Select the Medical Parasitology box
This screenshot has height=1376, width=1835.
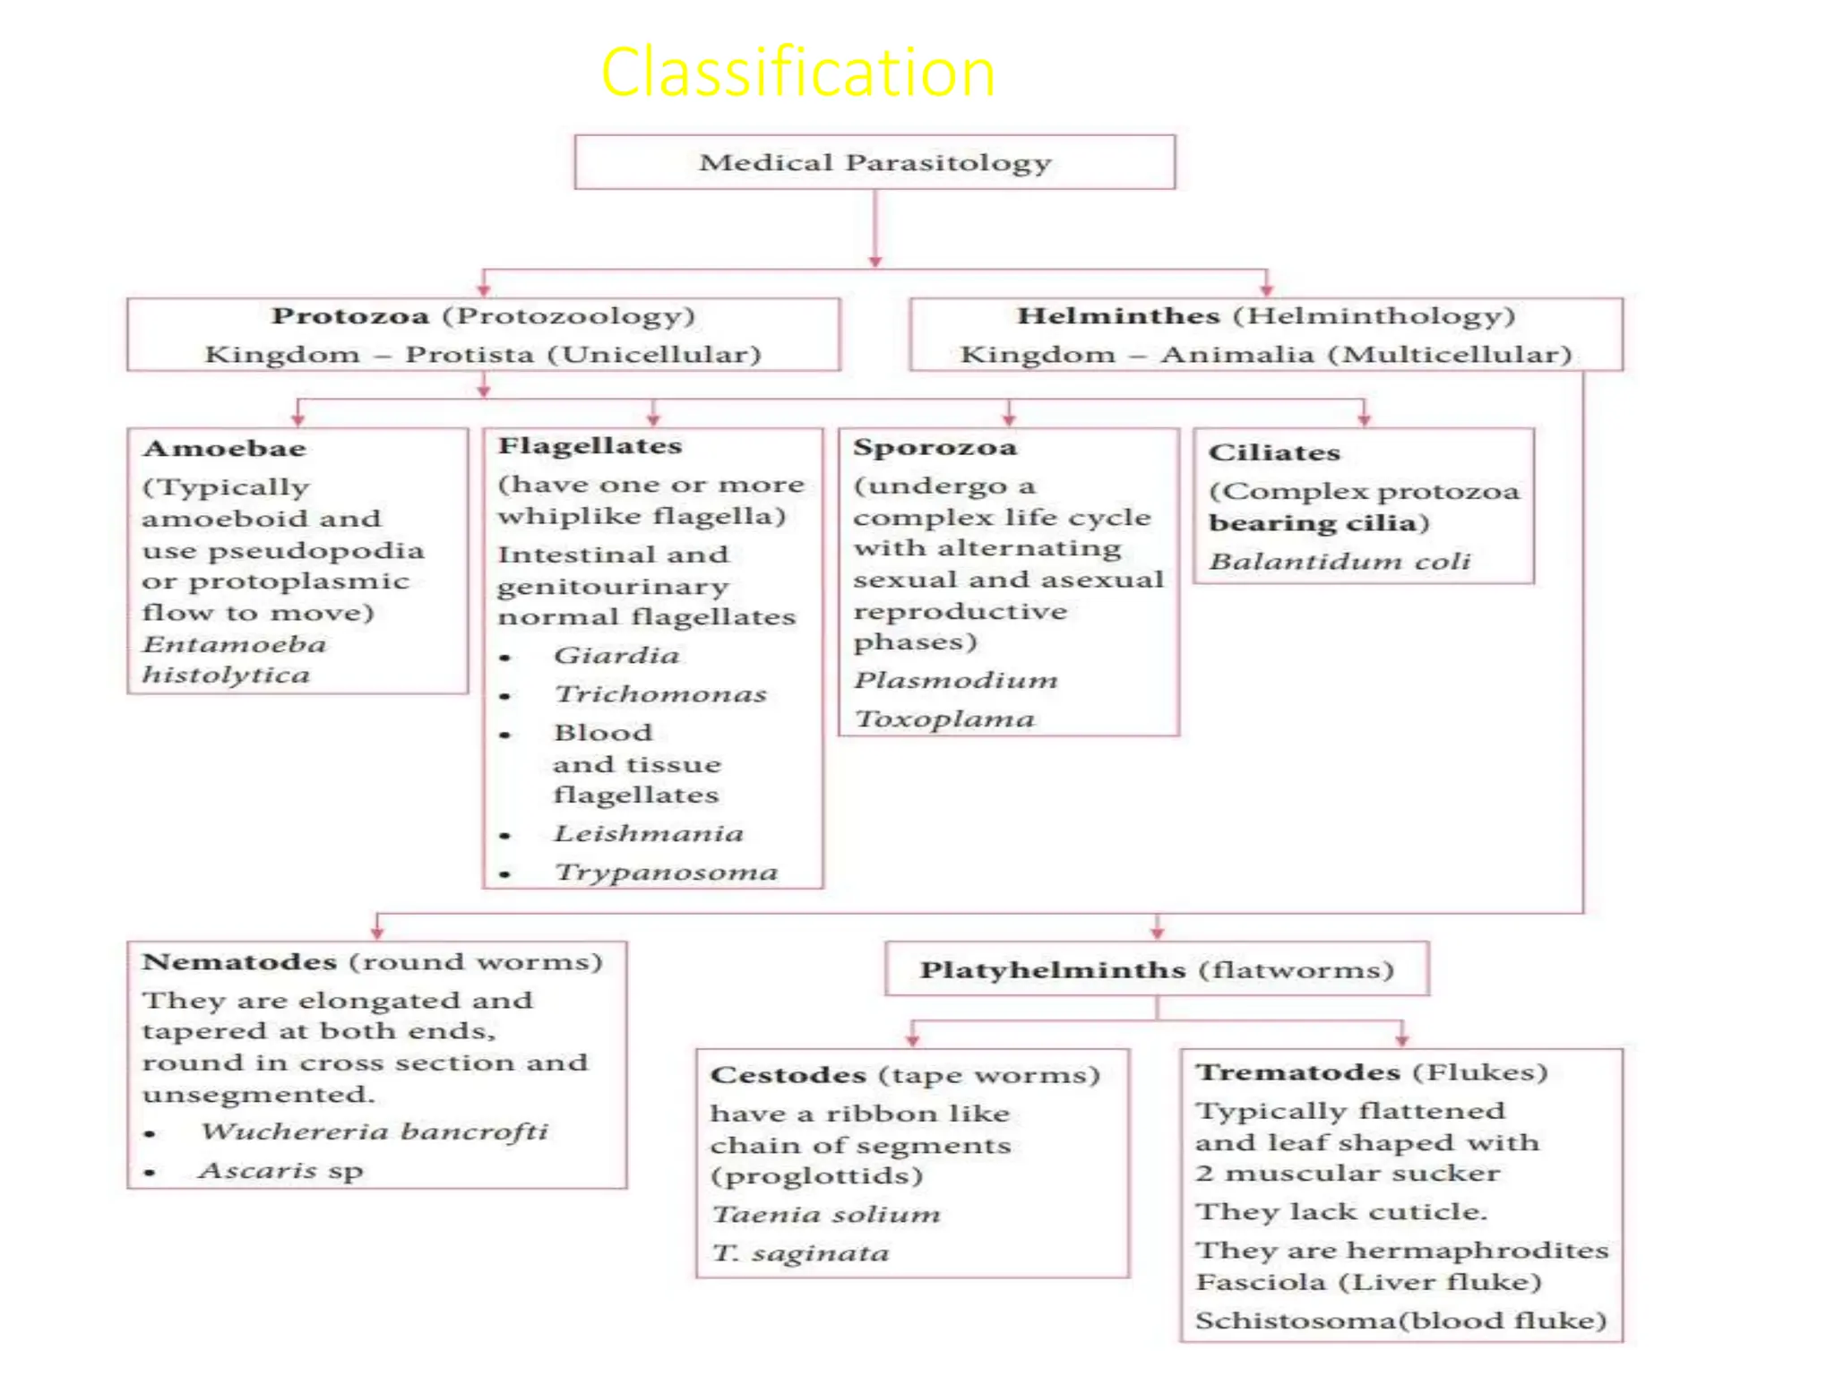tap(874, 162)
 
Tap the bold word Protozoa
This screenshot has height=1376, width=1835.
tap(350, 316)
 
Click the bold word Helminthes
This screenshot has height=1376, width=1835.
tap(1118, 316)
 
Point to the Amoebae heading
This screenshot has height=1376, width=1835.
tap(224, 449)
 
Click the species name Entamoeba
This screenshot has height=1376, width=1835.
tap(235, 644)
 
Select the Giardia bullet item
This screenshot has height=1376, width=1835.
tap(616, 656)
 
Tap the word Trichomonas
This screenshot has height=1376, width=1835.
tap(660, 694)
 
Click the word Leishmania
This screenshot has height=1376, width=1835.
tap(649, 834)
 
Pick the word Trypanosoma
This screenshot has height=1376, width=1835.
tap(666, 873)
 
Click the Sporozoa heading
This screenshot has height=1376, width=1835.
tap(935, 447)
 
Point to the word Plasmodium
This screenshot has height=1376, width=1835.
tap(955, 680)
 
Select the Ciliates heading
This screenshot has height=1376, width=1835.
tap(1274, 452)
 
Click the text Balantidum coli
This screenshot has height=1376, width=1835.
tap(1340, 562)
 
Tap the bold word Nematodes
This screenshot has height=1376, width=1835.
tap(239, 962)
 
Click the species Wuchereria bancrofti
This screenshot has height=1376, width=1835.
tap(375, 1131)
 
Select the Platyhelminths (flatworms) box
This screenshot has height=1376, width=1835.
tap(1157, 969)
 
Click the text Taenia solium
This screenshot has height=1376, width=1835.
tap(826, 1215)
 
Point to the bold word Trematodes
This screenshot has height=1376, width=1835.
tap(1297, 1072)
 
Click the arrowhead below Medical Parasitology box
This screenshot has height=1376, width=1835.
tap(875, 262)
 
